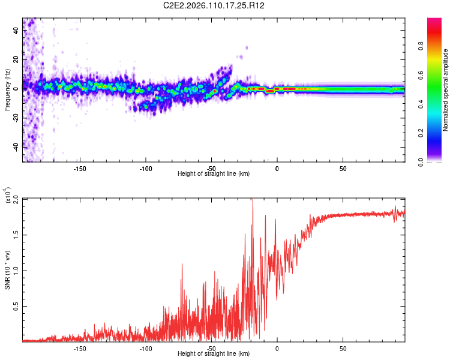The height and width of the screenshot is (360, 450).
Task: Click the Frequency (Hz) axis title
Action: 8,90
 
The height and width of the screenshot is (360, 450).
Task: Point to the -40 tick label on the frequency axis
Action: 16,146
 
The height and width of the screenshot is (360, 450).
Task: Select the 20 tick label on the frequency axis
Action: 16,59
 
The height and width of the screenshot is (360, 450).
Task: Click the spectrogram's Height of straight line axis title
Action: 214,173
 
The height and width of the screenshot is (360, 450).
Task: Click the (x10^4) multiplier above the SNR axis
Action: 8,196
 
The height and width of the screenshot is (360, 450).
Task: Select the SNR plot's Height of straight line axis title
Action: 214,353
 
